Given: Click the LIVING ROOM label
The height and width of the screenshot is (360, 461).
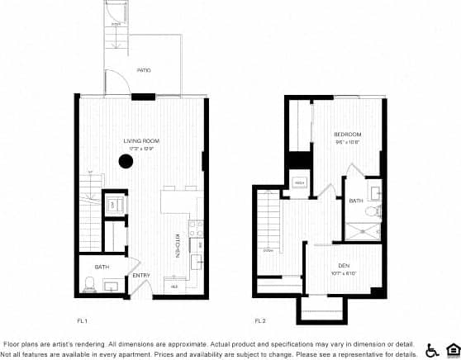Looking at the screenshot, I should [141, 141].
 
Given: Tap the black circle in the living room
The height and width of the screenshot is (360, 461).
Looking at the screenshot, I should [126, 161].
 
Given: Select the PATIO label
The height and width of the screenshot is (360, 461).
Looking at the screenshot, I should [143, 70].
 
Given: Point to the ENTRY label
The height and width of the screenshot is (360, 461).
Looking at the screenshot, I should [141, 275].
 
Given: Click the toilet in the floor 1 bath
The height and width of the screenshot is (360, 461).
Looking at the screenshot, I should [88, 285].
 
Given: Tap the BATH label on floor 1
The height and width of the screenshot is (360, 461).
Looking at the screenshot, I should [102, 267].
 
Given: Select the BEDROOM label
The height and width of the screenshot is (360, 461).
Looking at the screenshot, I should [348, 134].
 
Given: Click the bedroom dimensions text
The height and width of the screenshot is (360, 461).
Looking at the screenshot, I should [348, 141].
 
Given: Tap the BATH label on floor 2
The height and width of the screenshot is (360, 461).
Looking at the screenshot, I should [356, 201].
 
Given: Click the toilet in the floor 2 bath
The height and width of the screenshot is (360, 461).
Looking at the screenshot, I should [372, 211].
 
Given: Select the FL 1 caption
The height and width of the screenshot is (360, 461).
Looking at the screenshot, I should [82, 320].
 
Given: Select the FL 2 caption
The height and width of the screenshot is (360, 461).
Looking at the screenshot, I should [259, 320].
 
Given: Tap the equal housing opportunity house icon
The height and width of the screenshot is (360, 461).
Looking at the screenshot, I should [451, 350].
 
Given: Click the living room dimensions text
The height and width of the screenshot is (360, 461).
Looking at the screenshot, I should [141, 149].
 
